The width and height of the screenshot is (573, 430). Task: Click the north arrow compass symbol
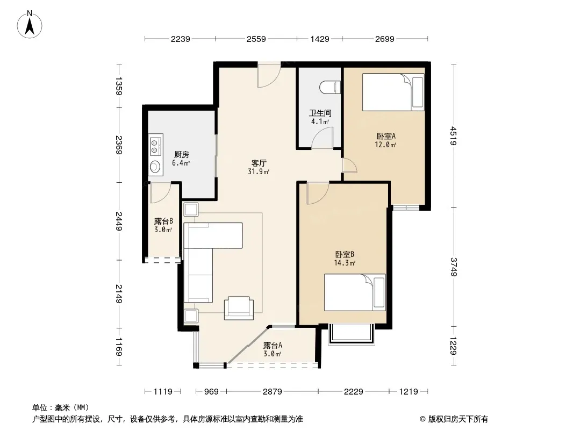(30, 25)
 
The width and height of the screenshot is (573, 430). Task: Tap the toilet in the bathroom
(330, 87)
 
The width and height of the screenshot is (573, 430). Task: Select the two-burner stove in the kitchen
(156, 146)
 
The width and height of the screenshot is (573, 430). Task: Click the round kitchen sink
(155, 167)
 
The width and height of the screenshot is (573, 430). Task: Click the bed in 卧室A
(393, 92)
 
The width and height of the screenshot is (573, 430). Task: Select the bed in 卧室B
(355, 292)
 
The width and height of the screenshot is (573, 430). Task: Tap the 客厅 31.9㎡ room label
(259, 167)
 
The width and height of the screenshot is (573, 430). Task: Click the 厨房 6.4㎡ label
(181, 159)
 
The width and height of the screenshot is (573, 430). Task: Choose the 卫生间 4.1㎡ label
(320, 117)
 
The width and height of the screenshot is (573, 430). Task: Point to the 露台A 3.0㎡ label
(273, 349)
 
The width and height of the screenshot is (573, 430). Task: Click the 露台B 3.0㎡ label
(163, 225)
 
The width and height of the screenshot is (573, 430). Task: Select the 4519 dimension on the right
(454, 135)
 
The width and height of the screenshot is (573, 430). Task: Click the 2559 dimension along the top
(256, 39)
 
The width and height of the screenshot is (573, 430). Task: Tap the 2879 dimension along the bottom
(273, 392)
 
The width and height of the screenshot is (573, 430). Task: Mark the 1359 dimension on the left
(119, 86)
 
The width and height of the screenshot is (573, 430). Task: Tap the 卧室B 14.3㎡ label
(345, 259)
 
